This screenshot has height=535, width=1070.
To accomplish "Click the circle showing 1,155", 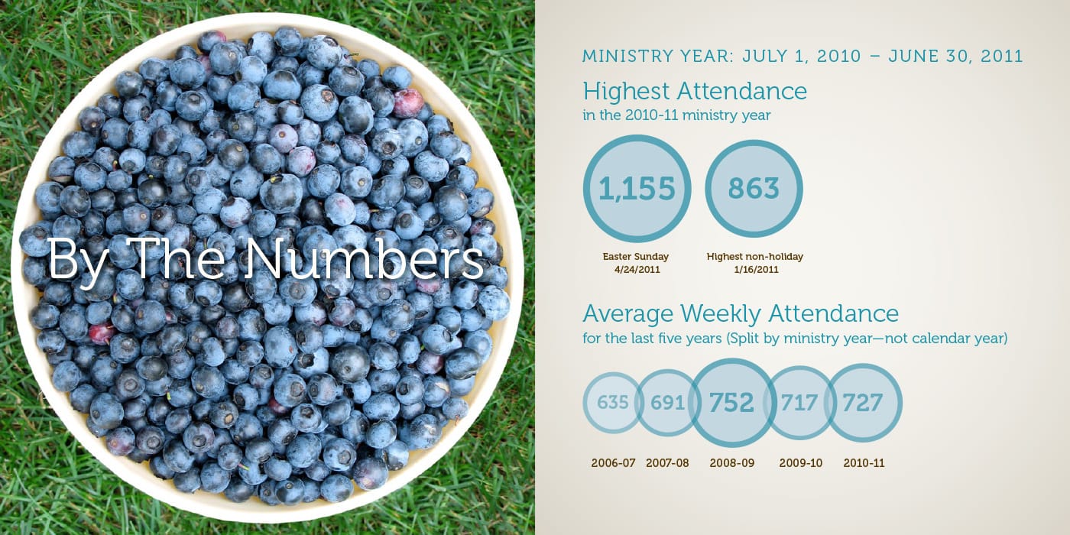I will pos(637,189).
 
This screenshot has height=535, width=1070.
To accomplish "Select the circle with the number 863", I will pos(754,189).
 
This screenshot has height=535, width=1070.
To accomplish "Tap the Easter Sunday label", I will pos(637,257).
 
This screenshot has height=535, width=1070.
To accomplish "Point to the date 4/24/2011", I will pos(637,270).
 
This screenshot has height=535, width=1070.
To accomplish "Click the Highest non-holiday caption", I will pos(754,257).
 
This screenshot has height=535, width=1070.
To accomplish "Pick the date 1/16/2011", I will pos(754,270).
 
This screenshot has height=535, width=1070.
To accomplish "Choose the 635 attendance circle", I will pos(612,402).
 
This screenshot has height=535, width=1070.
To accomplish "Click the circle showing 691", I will pos(666,402).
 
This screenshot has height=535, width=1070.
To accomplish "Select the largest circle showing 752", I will pos(731,403).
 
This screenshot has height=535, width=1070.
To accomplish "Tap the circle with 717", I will pos(799,402).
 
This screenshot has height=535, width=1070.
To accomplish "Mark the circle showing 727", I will pos(863,402).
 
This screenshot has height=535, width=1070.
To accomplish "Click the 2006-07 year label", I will pos(613,463).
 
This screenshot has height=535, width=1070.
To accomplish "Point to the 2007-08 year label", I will pos(667,463).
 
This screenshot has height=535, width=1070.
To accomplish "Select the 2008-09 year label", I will pos(731,463).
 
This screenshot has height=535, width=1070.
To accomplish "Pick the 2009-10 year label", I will pos(800,463).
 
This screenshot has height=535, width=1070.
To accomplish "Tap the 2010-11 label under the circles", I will pos(864,463).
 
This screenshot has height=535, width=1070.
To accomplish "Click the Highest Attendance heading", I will pos(695,92).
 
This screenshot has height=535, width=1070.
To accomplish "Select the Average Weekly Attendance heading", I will pos(741,313).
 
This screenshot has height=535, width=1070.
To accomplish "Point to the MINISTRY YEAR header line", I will pos(802,57).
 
